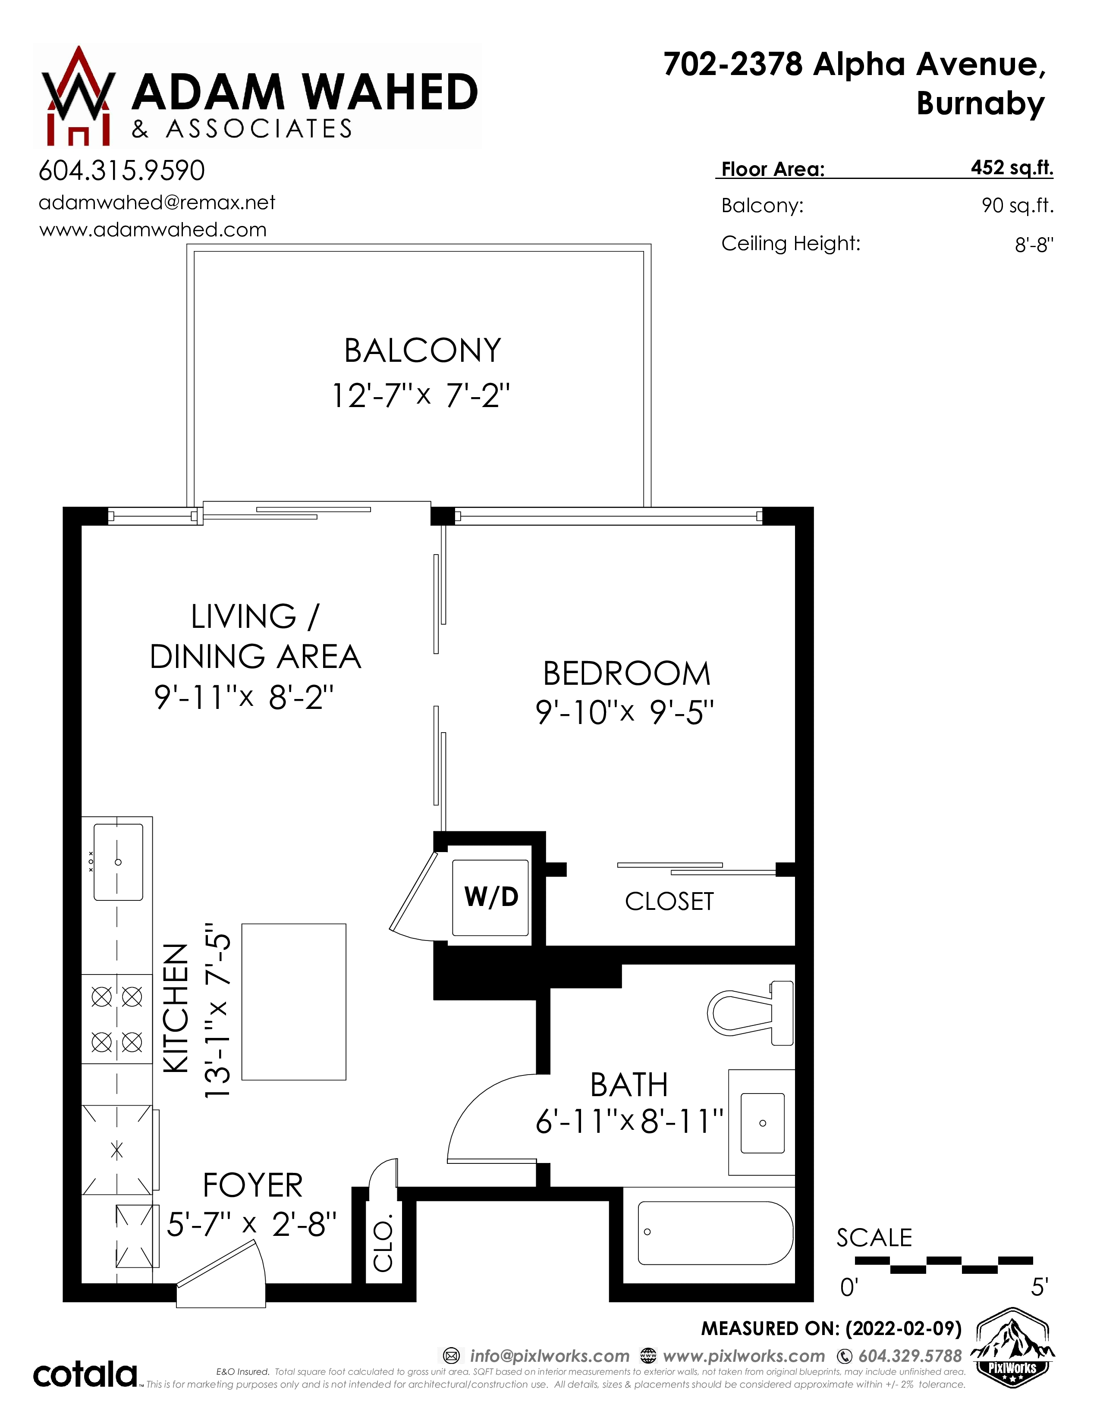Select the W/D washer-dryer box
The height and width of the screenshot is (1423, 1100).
[491, 897]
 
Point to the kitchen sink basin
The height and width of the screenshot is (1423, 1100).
[118, 862]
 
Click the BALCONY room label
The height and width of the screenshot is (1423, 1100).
[423, 351]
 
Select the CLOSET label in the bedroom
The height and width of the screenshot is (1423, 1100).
[669, 902]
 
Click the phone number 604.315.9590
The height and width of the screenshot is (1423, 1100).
[122, 171]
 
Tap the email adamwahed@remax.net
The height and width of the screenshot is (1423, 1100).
[157, 203]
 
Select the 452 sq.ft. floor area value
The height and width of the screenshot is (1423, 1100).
[1012, 167]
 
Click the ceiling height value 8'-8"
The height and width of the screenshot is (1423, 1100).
[1034, 245]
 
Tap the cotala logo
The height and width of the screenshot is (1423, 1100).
[85, 1374]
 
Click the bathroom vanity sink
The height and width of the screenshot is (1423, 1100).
[762, 1122]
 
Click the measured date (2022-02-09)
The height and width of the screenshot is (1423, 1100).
[903, 1329]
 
